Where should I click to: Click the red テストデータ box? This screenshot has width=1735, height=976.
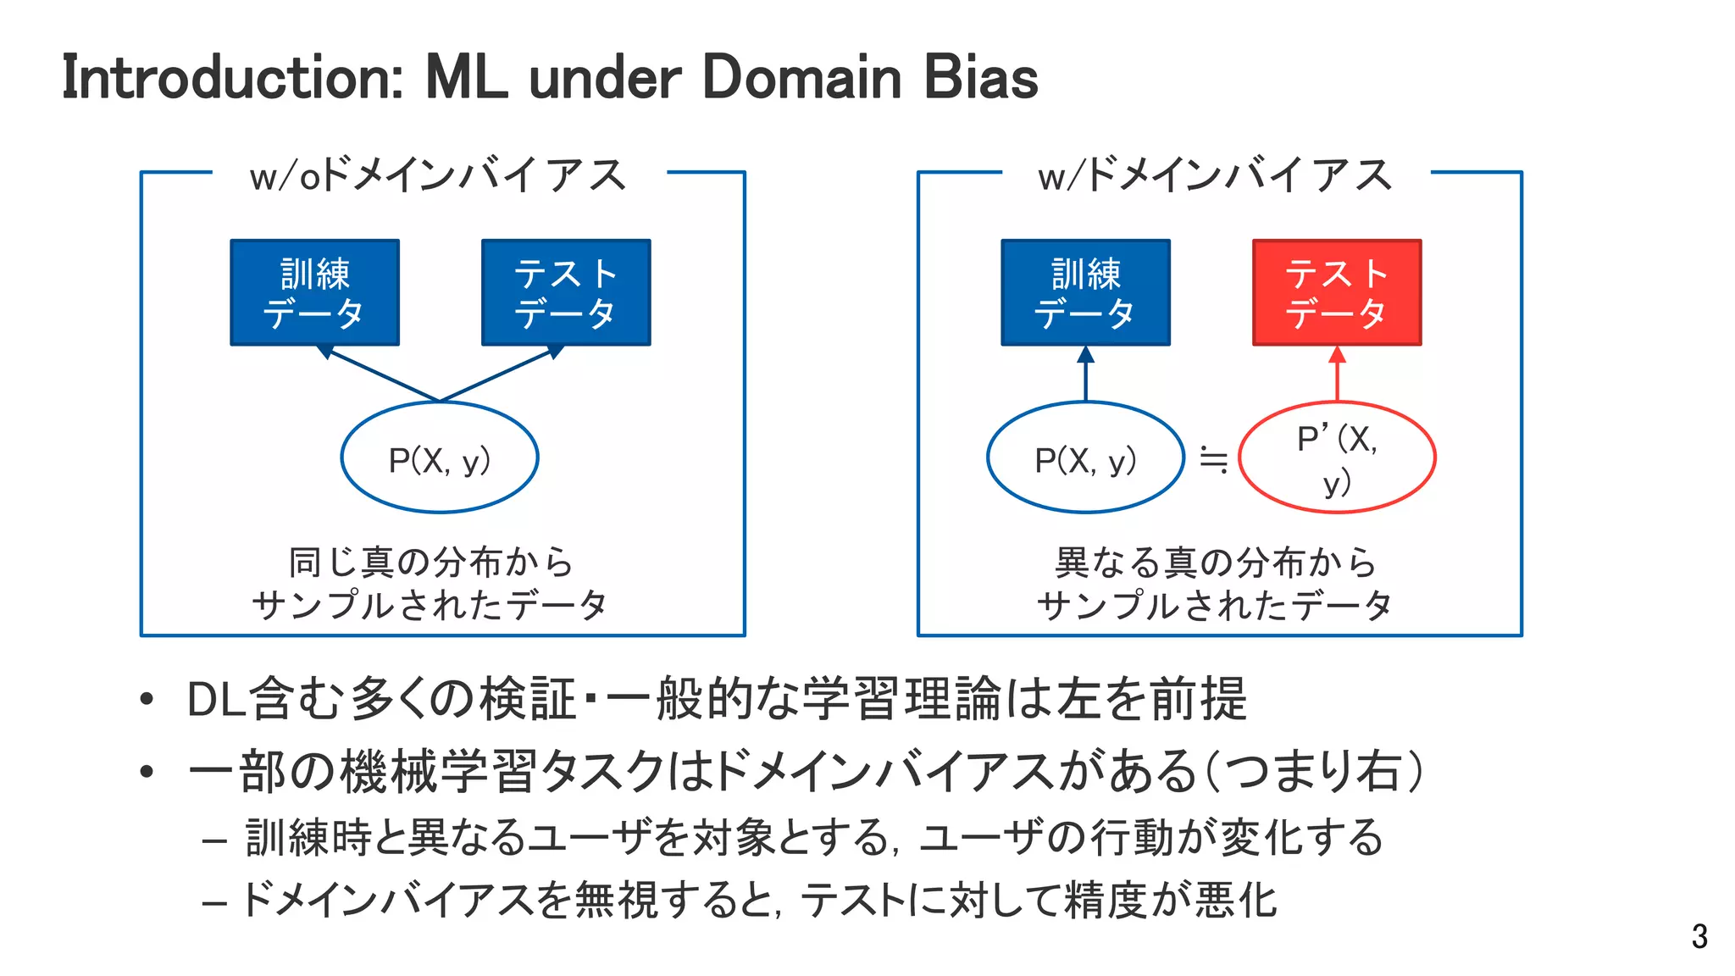1336,292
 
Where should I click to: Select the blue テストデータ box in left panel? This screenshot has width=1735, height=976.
566,292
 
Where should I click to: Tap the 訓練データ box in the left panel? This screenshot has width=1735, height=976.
314,292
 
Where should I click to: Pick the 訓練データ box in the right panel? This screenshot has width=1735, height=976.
1085,292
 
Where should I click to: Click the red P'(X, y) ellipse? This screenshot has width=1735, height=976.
1337,457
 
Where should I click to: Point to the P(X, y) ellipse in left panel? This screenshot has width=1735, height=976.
440,457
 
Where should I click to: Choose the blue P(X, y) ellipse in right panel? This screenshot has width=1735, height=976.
1085,457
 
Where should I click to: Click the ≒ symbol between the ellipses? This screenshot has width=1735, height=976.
1213,460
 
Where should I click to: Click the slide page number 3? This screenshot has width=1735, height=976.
1699,936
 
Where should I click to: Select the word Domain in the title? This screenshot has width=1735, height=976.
801,78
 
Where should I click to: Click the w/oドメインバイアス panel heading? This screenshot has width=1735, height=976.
438,176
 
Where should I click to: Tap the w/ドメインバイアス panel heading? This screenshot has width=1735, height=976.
1215,176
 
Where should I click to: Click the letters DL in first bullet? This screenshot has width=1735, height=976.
217,701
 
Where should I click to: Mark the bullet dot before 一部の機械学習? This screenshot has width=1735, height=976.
147,772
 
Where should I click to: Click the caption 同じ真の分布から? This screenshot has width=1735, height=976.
431,563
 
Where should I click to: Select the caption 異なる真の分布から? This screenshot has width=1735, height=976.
1215,563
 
